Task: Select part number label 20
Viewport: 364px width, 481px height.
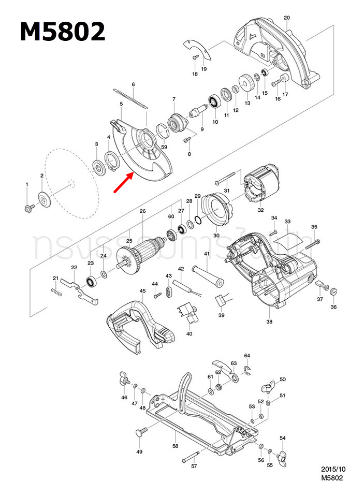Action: [286, 18]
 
